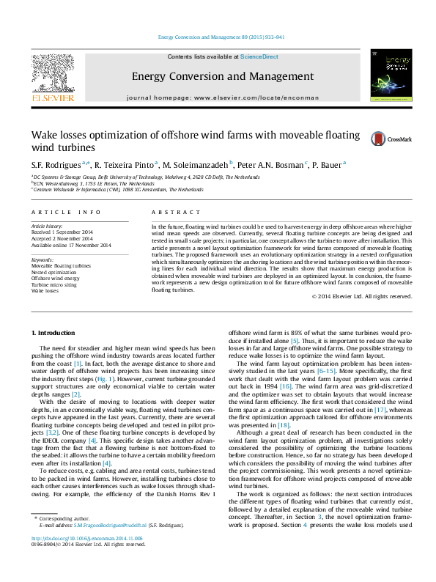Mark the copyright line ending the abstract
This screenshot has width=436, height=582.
(x=361, y=317)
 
